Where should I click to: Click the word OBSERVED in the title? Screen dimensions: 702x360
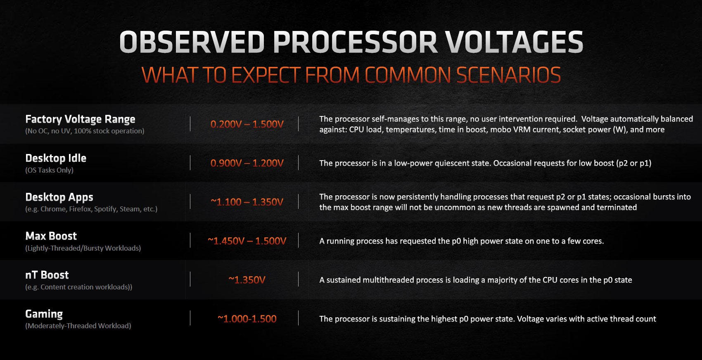192,42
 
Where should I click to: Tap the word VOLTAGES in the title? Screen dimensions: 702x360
514,42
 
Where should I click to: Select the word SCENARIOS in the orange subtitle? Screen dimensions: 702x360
508,75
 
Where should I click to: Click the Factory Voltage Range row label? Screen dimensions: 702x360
80,119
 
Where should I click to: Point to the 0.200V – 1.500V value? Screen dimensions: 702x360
247,124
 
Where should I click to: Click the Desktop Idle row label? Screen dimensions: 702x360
56,158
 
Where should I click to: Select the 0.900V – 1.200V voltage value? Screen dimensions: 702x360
247,163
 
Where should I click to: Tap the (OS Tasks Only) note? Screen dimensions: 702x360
49,170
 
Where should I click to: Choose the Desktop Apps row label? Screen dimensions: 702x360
59,197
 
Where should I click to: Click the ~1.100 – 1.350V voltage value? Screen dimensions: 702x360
247,202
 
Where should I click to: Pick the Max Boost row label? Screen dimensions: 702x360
51,236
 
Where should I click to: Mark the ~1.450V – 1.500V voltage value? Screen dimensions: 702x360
247,241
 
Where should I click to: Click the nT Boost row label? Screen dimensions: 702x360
47,275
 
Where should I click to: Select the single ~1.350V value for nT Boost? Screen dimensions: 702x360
247,280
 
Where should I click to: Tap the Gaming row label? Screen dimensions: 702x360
44,314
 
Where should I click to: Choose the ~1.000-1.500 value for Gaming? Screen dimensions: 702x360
247,319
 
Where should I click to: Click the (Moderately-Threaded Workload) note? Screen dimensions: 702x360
78,326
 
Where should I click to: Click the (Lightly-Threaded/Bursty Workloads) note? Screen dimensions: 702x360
83,248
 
